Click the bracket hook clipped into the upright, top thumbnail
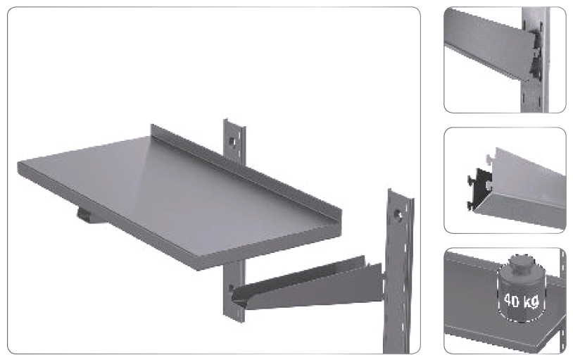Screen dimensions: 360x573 [x=534, y=53]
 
